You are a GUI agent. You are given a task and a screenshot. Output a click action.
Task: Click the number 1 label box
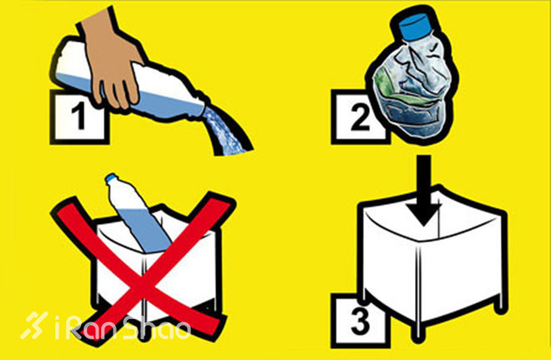pyautogui.click(x=79, y=118)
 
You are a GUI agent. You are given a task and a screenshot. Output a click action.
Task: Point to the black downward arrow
pyautogui.click(x=424, y=190)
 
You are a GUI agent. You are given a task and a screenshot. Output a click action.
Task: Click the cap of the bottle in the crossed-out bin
pyautogui.click(x=112, y=178)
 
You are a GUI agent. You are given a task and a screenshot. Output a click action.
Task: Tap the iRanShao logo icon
pyautogui.click(x=34, y=325)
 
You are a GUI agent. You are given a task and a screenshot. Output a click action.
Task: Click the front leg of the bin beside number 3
pyautogui.click(x=417, y=330)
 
